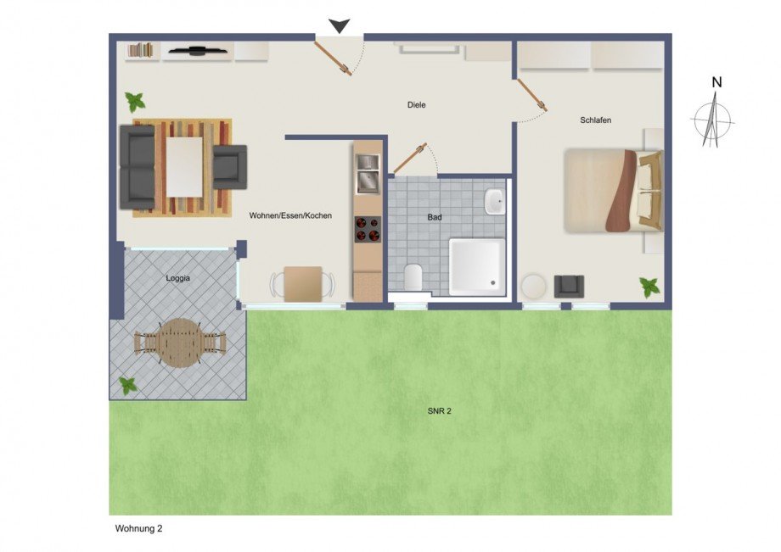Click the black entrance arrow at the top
tap(340, 26)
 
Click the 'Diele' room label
tap(415, 105)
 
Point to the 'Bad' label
tap(435, 218)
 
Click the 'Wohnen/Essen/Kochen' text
tap(290, 216)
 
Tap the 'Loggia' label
tap(178, 277)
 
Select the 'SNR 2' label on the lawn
tap(438, 411)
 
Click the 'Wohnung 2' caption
tap(138, 528)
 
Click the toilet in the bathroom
tap(413, 276)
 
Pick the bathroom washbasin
tap(494, 203)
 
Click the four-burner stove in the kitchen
tap(368, 230)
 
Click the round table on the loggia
tap(181, 343)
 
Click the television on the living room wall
tap(197, 51)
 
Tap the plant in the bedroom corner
tap(650, 287)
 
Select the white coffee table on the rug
tap(184, 166)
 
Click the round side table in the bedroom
tap(535, 285)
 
